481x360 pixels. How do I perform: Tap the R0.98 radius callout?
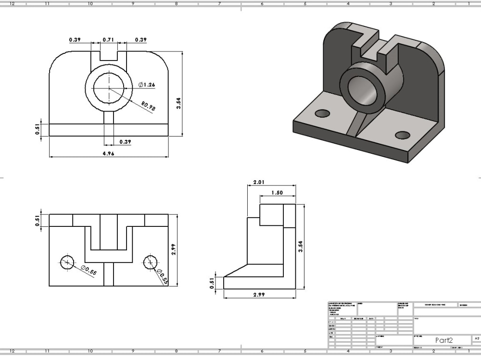click(x=149, y=106)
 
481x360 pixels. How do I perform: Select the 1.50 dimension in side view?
click(x=277, y=192)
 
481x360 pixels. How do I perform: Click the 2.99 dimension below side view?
click(x=259, y=295)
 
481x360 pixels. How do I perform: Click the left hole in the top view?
click(x=67, y=262)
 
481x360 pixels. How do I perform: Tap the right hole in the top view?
click(x=151, y=262)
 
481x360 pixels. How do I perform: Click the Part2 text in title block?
click(x=444, y=340)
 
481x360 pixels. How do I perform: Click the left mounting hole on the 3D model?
click(x=322, y=113)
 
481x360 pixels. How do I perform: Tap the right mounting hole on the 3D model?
click(x=402, y=135)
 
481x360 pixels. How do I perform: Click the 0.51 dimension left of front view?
click(x=38, y=130)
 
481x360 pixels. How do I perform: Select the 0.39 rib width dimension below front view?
click(x=125, y=142)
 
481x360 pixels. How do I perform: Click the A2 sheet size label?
click(x=477, y=338)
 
